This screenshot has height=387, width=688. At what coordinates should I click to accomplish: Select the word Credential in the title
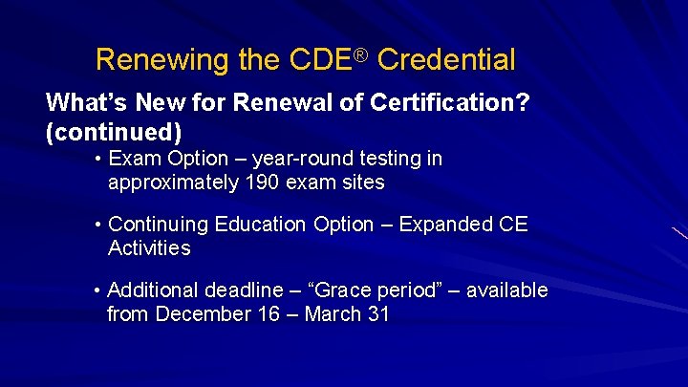click(x=446, y=61)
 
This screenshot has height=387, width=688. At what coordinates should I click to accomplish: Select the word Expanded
click(x=440, y=225)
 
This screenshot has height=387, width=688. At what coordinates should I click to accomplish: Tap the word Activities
click(x=149, y=248)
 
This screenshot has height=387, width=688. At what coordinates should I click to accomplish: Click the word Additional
click(x=155, y=290)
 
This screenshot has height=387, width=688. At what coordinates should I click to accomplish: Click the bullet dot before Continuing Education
click(x=98, y=225)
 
